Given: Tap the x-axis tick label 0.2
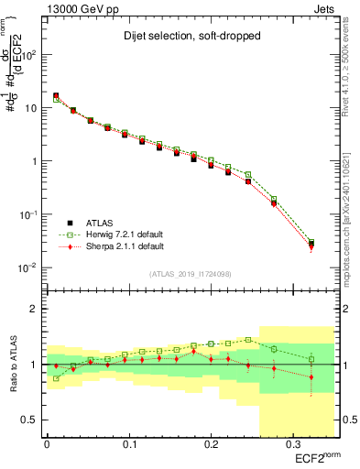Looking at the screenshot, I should [x=211, y=445].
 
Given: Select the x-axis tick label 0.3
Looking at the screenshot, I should [x=292, y=445].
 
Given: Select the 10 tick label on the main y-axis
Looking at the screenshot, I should [x=30, y=108].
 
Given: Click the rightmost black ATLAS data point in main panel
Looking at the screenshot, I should [x=311, y=244].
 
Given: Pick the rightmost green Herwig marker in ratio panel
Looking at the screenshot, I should [x=311, y=359].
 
